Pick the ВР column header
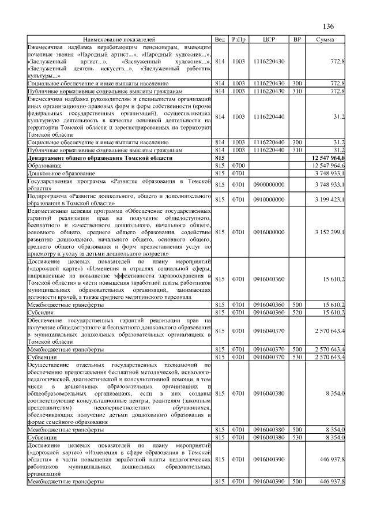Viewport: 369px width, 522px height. pyautogui.click(x=297, y=39)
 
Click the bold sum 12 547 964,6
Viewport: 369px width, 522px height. pyautogui.click(x=327, y=157)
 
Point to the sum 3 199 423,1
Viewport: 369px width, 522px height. pyautogui.click(x=329, y=200)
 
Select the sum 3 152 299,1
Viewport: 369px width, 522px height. pyautogui.click(x=329, y=232)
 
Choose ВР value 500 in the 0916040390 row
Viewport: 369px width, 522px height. pyautogui.click(x=297, y=481)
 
